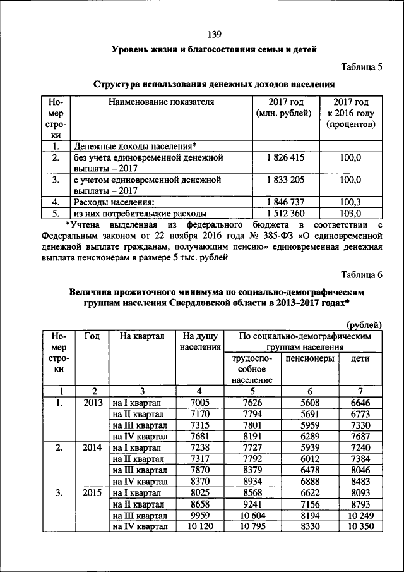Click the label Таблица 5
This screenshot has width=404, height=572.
click(x=362, y=66)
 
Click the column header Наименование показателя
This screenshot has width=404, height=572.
click(x=161, y=102)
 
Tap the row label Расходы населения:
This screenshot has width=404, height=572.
click(x=114, y=202)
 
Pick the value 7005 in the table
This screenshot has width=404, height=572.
click(x=199, y=402)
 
